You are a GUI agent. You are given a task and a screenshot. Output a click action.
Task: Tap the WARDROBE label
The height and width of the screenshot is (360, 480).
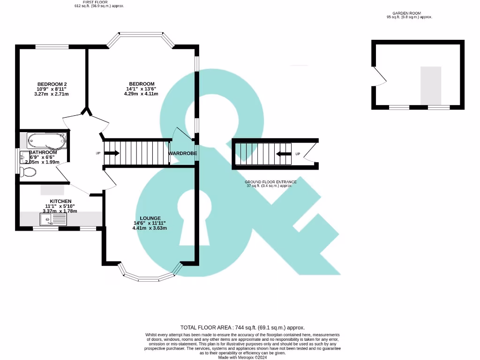183,153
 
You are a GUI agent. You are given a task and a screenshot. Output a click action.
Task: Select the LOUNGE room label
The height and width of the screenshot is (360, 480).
150,218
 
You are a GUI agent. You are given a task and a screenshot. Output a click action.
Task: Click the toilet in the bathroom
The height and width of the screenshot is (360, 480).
28,172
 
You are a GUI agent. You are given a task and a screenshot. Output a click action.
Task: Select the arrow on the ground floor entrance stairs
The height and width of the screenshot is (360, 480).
284,154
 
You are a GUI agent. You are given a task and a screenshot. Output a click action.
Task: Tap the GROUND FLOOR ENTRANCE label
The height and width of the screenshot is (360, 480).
270,182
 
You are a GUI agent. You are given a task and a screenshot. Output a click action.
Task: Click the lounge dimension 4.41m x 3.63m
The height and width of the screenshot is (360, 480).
150,228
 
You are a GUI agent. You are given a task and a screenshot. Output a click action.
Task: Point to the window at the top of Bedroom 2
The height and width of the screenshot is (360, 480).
52,46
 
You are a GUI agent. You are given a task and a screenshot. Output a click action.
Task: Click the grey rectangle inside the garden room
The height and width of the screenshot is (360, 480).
430,85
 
